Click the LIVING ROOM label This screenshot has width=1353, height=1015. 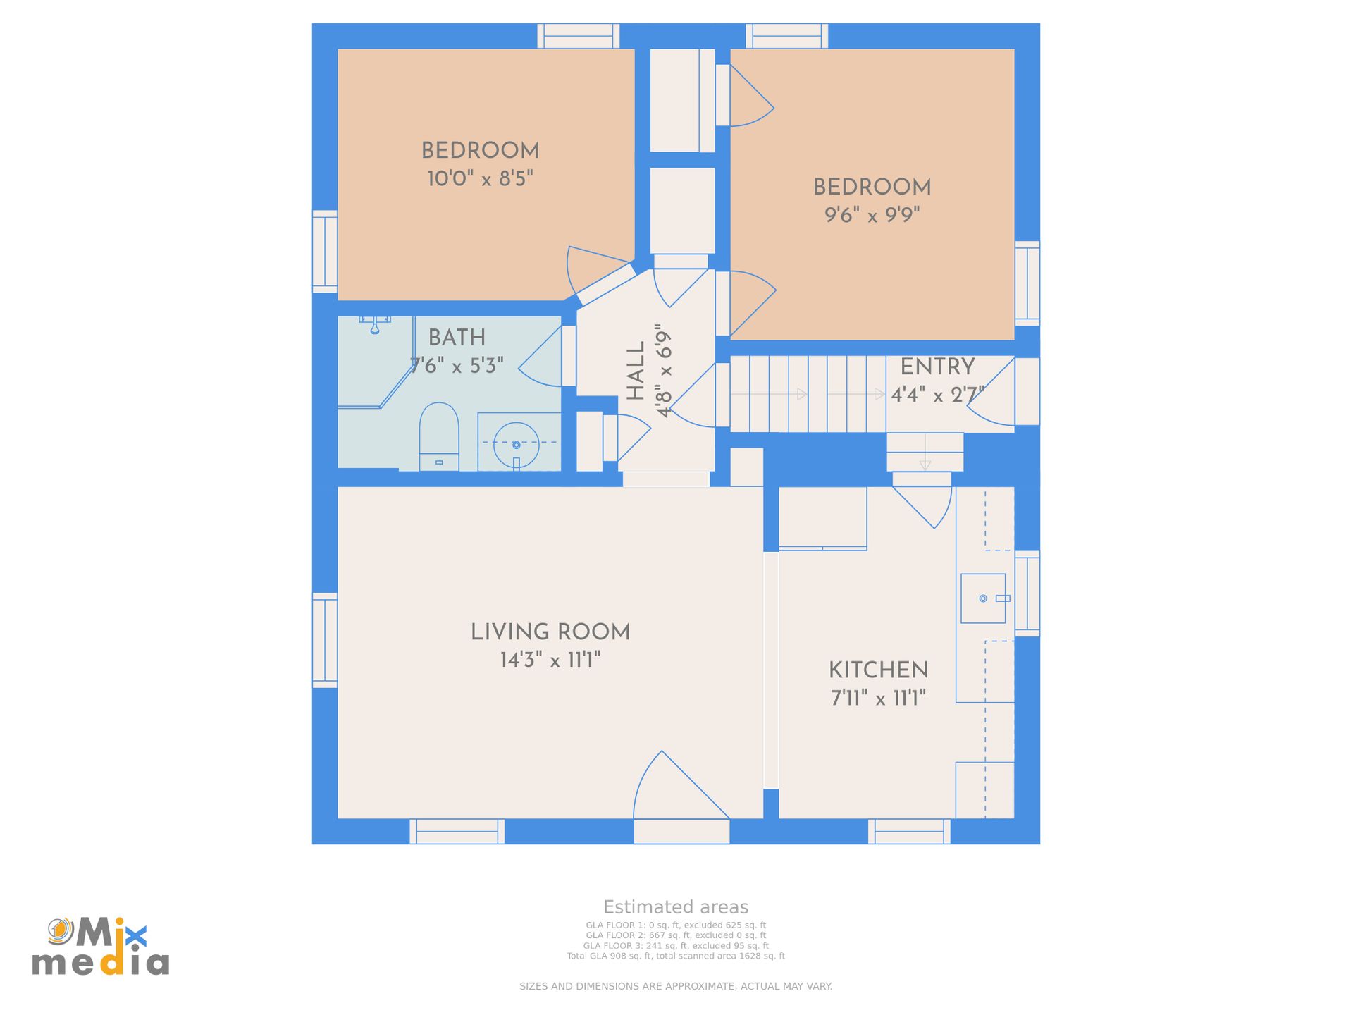point(550,632)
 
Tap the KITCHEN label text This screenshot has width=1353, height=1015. point(878,670)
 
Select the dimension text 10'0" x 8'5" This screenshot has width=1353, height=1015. point(480,179)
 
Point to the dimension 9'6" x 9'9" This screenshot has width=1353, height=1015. point(872,215)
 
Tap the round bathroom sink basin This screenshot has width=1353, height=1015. point(516,445)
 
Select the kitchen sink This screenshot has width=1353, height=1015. point(982,598)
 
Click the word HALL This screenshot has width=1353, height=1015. point(636,371)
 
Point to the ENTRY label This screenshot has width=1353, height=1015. point(937,367)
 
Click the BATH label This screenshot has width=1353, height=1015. point(457,338)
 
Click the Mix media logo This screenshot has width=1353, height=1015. point(101,947)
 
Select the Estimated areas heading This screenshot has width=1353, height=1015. point(676,907)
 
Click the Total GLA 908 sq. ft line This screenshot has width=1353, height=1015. point(676,956)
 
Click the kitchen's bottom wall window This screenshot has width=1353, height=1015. point(909,831)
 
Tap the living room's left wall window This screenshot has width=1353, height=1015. point(325,640)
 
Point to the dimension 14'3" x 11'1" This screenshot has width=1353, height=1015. point(550,660)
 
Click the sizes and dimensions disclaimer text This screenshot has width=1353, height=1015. point(676,986)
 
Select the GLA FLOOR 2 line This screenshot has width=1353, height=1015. point(676,935)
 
